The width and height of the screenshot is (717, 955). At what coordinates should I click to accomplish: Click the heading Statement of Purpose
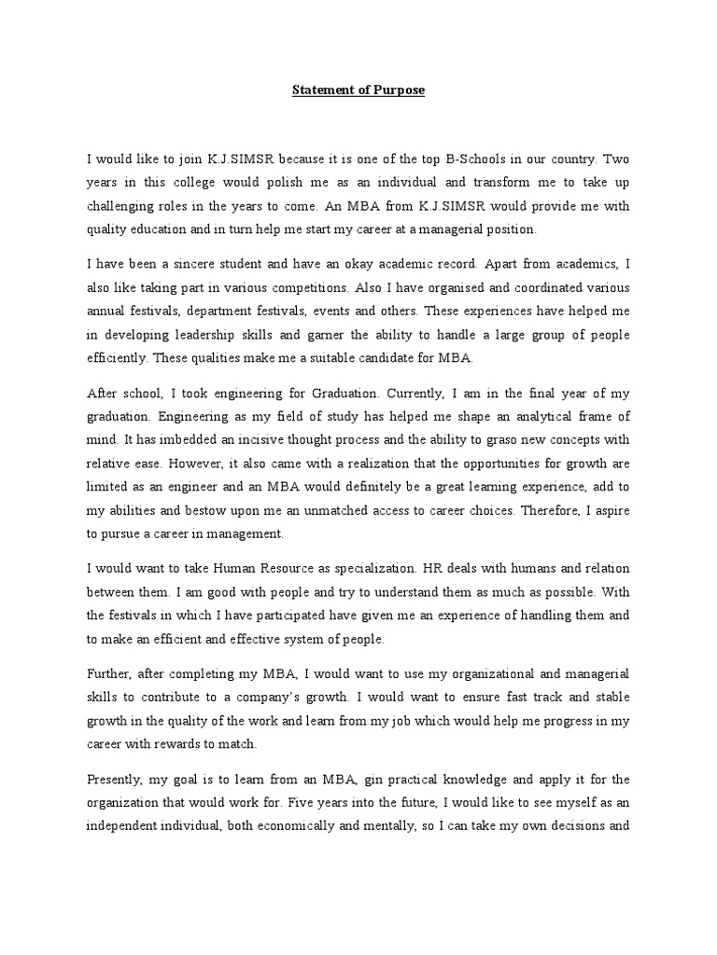pos(358,90)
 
